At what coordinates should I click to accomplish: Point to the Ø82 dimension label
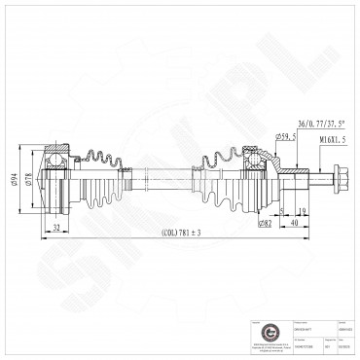click(x=265, y=225)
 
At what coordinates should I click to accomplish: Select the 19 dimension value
click(x=305, y=210)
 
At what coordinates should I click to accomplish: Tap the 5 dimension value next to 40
click(x=281, y=210)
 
